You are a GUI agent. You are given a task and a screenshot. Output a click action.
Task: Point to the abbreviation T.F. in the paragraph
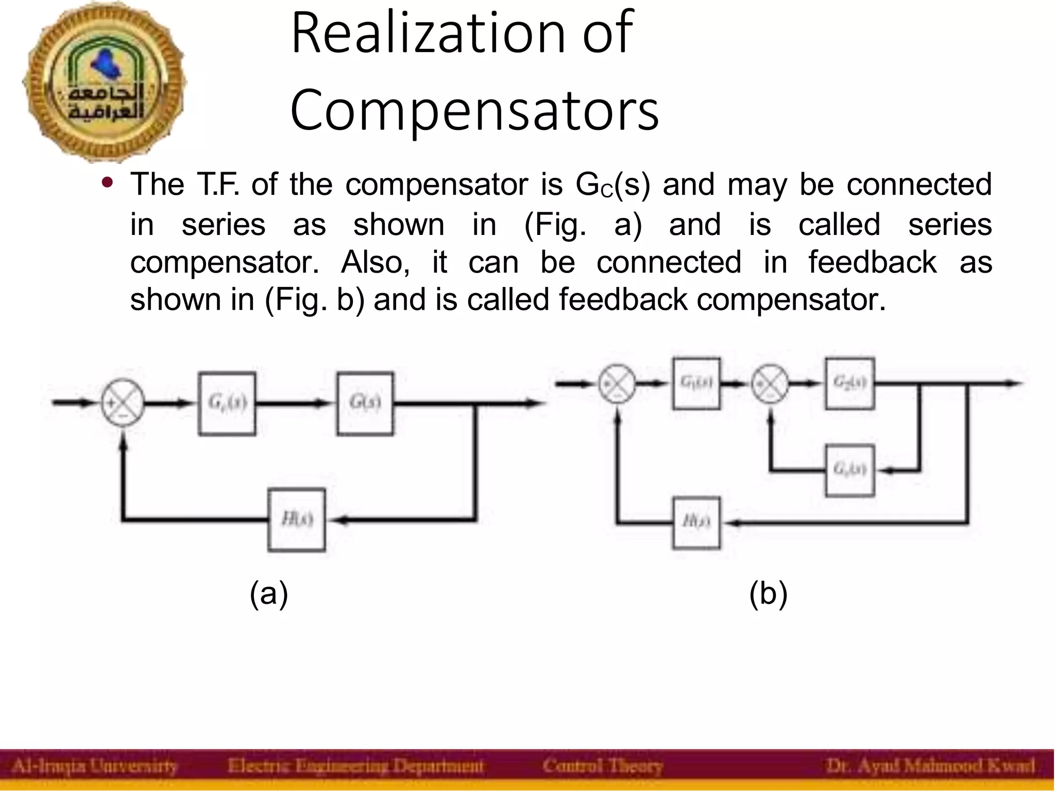click(217, 184)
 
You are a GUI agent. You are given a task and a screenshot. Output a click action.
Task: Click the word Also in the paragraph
click(375, 262)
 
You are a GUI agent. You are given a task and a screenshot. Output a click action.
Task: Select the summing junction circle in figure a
click(122, 403)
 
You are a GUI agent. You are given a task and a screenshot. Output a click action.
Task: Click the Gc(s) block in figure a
click(227, 403)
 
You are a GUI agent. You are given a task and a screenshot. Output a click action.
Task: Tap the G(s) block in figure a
click(365, 403)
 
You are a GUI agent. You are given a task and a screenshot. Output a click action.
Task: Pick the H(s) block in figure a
click(296, 519)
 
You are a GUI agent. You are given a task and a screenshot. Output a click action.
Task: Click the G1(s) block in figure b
click(696, 383)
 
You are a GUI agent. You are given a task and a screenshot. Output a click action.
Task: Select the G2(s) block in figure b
click(849, 383)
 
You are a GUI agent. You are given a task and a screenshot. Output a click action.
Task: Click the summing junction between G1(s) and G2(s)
click(770, 383)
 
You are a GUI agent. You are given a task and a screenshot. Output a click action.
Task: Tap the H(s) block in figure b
click(696, 523)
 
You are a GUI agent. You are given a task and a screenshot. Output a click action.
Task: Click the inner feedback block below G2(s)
click(849, 470)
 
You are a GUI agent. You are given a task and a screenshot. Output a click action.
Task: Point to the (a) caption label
click(268, 594)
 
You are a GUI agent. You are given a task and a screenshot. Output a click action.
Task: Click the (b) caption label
click(768, 594)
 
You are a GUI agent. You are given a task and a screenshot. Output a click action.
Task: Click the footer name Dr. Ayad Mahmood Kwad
click(930, 766)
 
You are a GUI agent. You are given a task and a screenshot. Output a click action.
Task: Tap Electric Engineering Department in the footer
click(355, 766)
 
